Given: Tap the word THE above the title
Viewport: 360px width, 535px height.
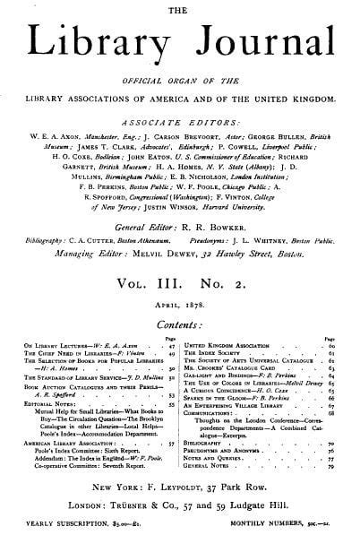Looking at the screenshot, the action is pos(180,7).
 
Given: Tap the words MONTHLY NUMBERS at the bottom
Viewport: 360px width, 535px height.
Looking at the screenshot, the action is pos(270,526).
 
